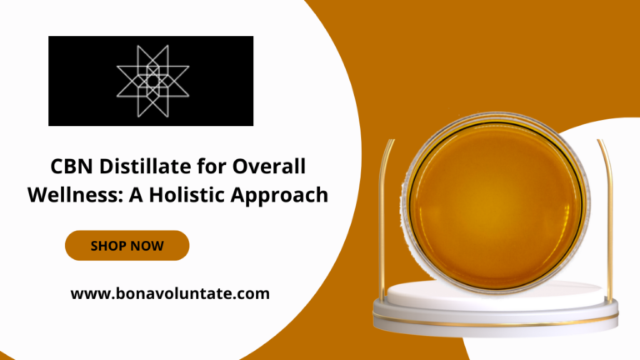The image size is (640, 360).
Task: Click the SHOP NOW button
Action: tap(127, 245)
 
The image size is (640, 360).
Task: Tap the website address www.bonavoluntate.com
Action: tap(170, 294)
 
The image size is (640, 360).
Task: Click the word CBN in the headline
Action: tap(72, 167)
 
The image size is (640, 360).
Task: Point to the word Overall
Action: tap(269, 167)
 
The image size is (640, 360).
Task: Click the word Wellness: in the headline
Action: tap(75, 194)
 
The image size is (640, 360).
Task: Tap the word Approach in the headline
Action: tap(280, 196)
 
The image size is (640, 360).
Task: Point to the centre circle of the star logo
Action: tap(152, 81)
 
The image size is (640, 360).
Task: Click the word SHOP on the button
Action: tap(107, 246)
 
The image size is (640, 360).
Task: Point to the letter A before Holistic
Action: tap(136, 195)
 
